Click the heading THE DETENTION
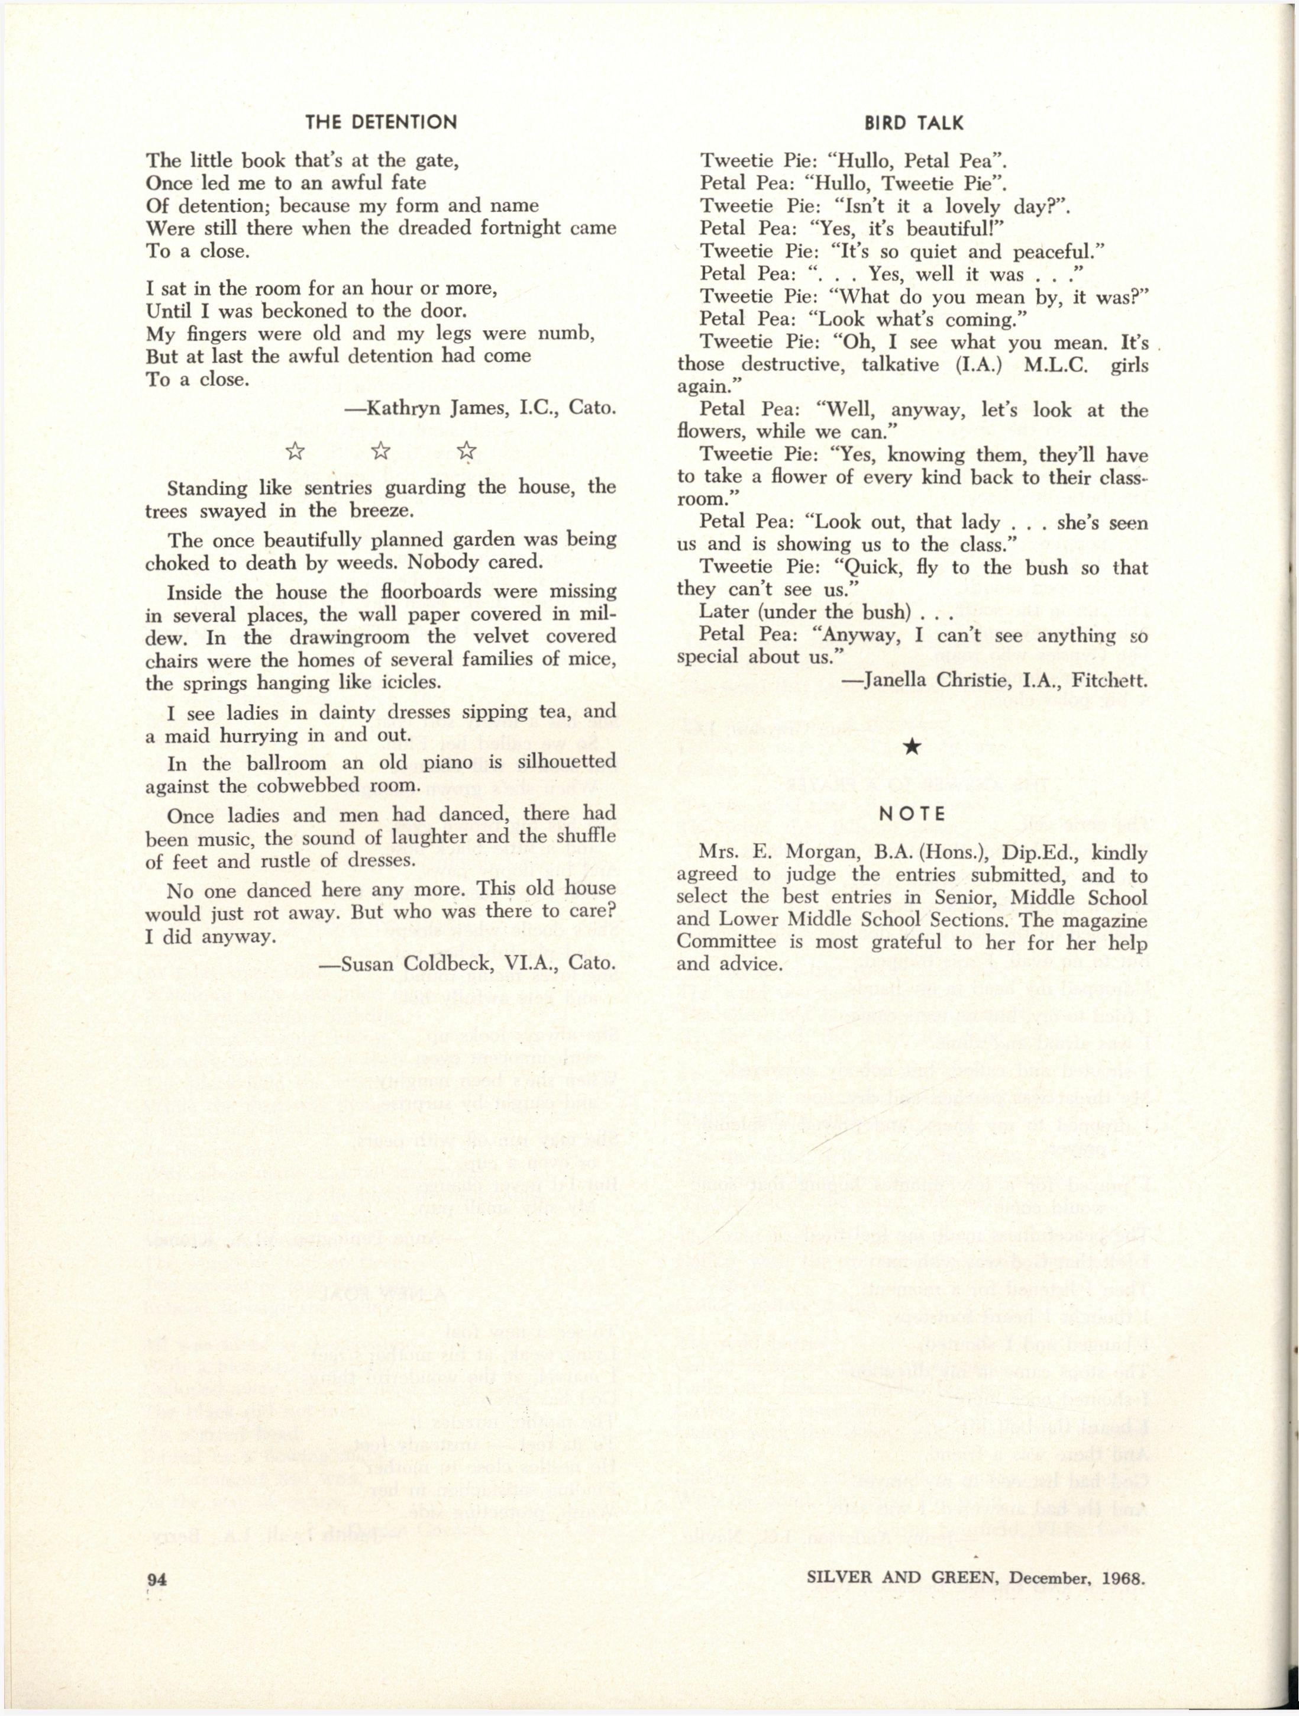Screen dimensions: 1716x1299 tap(381, 122)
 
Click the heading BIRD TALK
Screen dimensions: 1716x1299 tap(913, 122)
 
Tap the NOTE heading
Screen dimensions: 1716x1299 tap(912, 813)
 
